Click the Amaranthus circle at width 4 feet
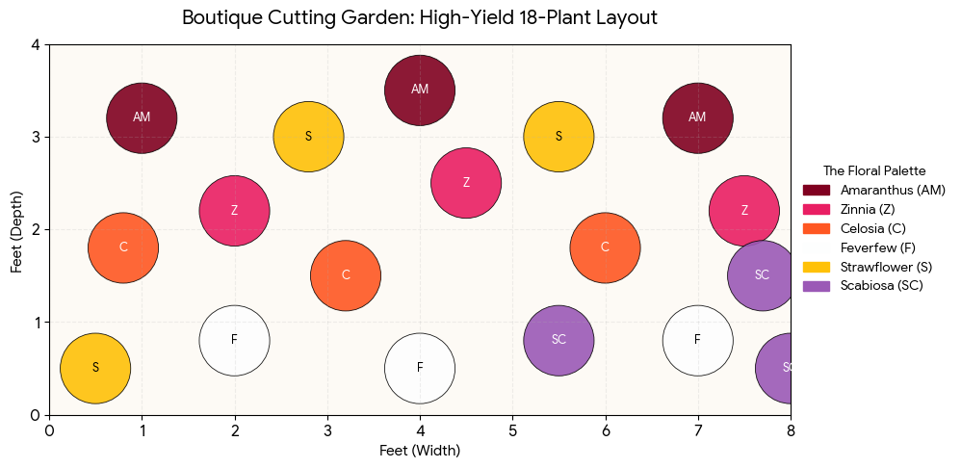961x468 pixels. pyautogui.click(x=420, y=90)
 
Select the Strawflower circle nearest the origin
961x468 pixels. pyautogui.click(x=95, y=368)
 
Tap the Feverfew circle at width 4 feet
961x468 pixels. pyautogui.click(x=420, y=368)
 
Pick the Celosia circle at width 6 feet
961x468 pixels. pyautogui.click(x=605, y=247)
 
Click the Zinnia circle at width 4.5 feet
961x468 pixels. pyautogui.click(x=466, y=183)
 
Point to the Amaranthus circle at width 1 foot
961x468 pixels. pyautogui.click(x=142, y=117)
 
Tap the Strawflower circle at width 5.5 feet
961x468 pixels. pyautogui.click(x=558, y=137)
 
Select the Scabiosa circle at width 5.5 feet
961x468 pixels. pyautogui.click(x=558, y=340)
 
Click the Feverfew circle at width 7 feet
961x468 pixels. pyautogui.click(x=698, y=340)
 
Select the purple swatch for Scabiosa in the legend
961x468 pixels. pyautogui.click(x=816, y=286)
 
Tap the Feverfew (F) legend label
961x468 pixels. pyautogui.click(x=877, y=247)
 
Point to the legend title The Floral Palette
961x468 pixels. pyautogui.click(x=873, y=170)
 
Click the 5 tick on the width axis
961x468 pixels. pyautogui.click(x=512, y=429)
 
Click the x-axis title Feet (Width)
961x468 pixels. pyautogui.click(x=420, y=451)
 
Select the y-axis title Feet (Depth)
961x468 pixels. pyautogui.click(x=16, y=229)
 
